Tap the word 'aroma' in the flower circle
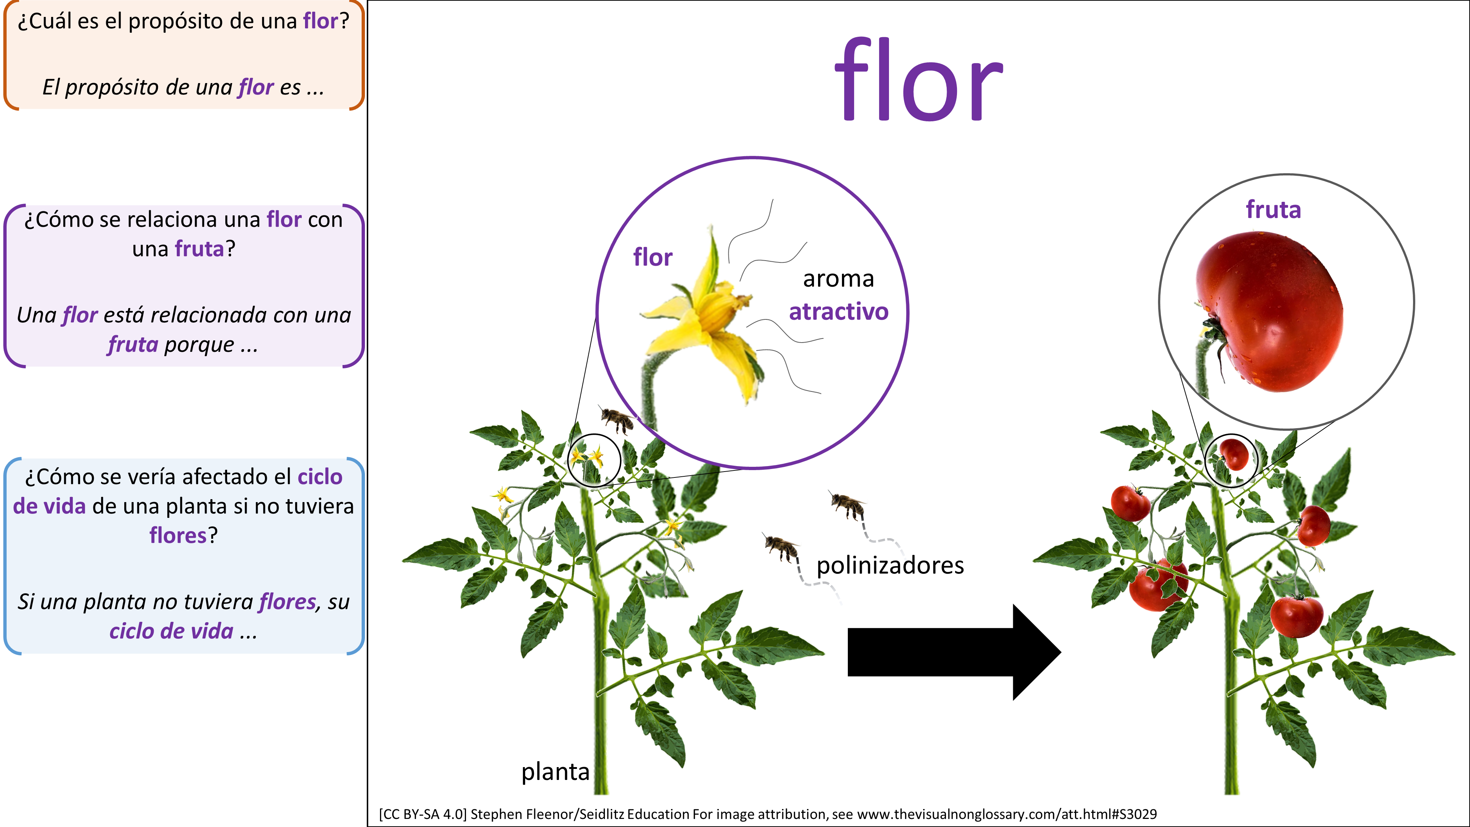(x=838, y=279)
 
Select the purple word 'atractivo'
(x=838, y=312)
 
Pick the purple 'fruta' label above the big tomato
(x=1273, y=210)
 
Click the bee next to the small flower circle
(x=616, y=419)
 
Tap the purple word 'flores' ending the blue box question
(x=178, y=536)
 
